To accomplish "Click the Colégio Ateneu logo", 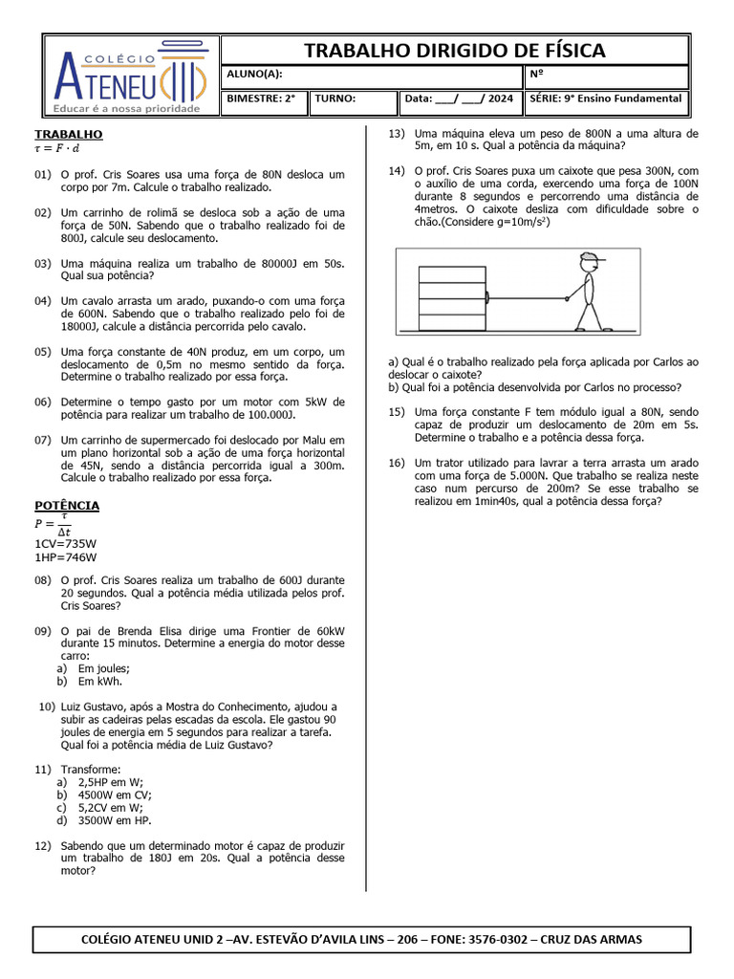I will tap(131, 76).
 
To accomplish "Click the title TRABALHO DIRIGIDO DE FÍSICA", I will tap(454, 51).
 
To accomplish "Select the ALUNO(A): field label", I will tap(254, 76).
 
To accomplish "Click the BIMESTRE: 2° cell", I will tap(262, 98).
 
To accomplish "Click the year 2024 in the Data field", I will tap(500, 98).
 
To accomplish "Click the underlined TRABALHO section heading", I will tap(69, 135).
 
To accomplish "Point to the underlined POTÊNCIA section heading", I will tap(67, 505).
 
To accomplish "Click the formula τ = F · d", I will tap(58, 150).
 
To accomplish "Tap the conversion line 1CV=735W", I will tap(66, 543).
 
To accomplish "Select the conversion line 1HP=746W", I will tap(66, 556).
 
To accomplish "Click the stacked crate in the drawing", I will tap(451, 298).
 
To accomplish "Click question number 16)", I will tap(397, 463).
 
